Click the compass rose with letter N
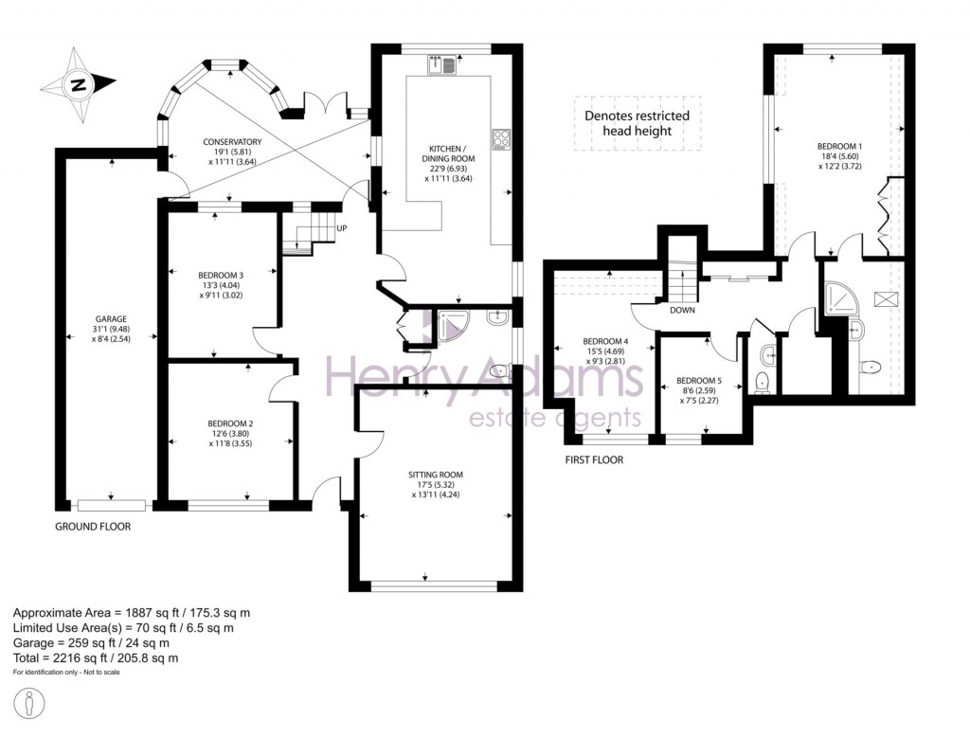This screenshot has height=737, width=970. [x=77, y=85]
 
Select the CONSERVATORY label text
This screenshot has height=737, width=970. [x=232, y=142]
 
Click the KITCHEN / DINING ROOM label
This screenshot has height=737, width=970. [x=446, y=150]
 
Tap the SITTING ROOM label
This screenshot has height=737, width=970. [x=437, y=475]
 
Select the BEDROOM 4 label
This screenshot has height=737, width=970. [x=604, y=341]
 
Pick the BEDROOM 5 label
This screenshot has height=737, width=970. [x=699, y=381]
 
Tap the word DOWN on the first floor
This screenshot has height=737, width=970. [x=683, y=310]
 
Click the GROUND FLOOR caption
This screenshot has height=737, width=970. [x=93, y=527]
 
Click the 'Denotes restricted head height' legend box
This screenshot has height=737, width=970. [x=636, y=123]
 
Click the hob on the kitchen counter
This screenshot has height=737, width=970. [x=500, y=140]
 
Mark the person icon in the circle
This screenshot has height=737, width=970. [x=33, y=705]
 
